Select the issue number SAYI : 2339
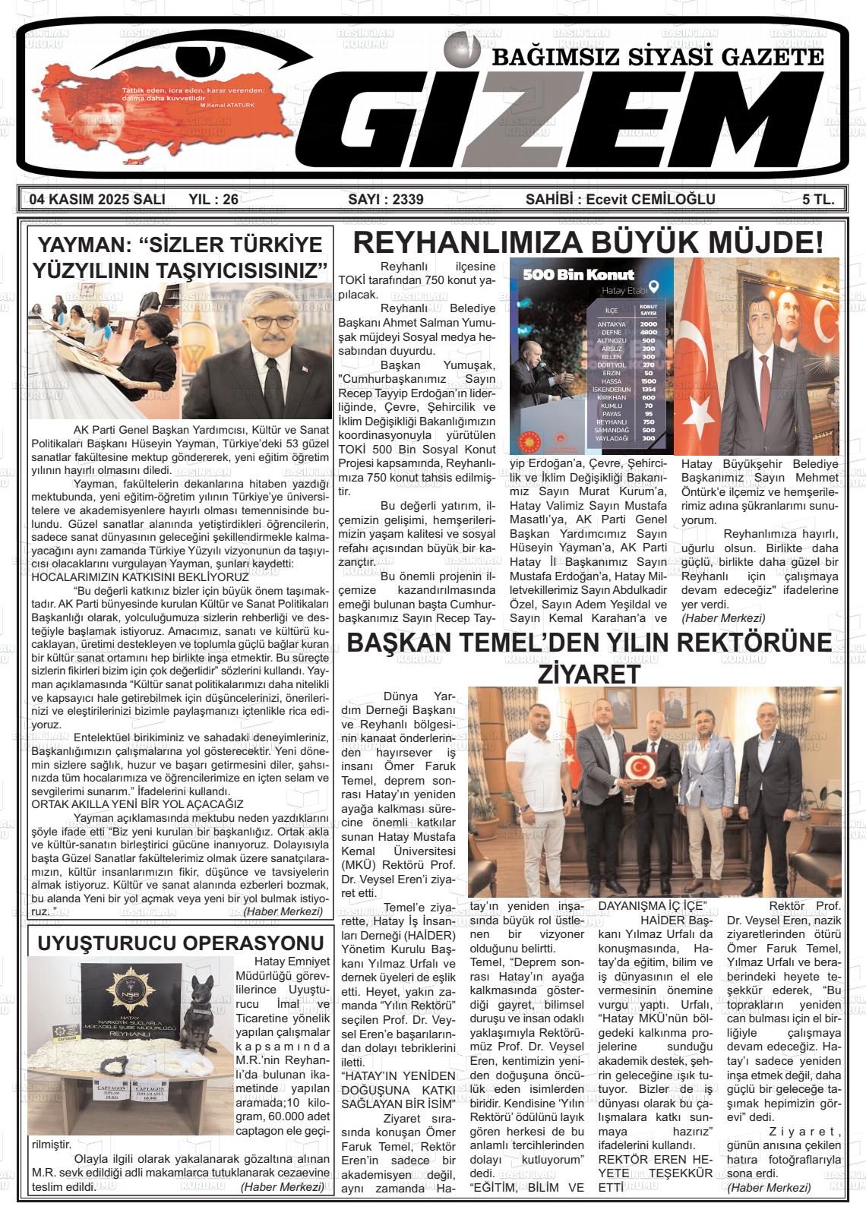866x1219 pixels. pyautogui.click(x=385, y=200)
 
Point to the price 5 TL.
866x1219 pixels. pyautogui.click(x=818, y=200)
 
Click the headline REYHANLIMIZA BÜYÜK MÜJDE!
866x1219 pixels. pyautogui.click(x=588, y=243)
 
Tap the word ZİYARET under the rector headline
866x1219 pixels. pyautogui.click(x=589, y=673)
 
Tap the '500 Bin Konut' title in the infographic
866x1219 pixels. pyautogui.click(x=579, y=274)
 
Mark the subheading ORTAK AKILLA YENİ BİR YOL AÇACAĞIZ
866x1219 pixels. pyautogui.click(x=137, y=804)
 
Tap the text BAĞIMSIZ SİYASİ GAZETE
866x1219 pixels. pyautogui.click(x=658, y=57)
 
